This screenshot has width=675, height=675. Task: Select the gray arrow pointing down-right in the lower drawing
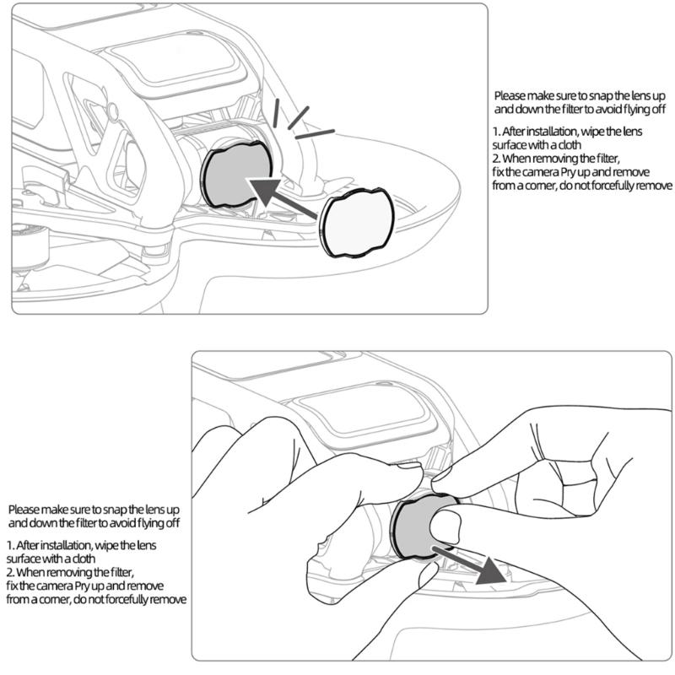coord(477,565)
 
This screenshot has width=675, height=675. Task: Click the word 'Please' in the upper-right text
coord(510,96)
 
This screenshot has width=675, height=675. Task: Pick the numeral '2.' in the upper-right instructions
coord(496,159)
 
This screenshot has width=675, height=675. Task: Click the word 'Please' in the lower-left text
coord(24,510)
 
